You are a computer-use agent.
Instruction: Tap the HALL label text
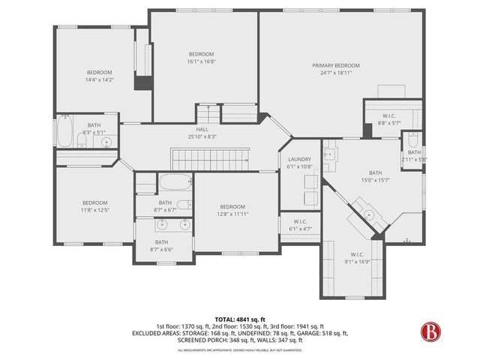tap(202, 130)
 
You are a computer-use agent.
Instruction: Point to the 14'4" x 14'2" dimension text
tap(100, 79)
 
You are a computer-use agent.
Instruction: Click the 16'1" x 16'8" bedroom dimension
tap(201, 61)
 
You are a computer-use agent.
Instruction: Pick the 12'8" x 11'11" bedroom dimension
tap(232, 214)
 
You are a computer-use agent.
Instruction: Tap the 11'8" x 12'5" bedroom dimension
tap(95, 210)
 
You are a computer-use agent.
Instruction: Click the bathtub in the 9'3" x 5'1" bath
tap(64, 134)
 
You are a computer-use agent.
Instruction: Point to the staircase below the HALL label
tap(211, 158)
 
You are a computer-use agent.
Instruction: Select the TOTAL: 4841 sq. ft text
tap(239, 319)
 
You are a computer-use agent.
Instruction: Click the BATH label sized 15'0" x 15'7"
tap(371, 172)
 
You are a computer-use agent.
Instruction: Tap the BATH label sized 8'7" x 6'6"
tap(161, 241)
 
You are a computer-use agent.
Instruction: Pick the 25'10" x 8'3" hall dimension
tap(202, 136)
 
